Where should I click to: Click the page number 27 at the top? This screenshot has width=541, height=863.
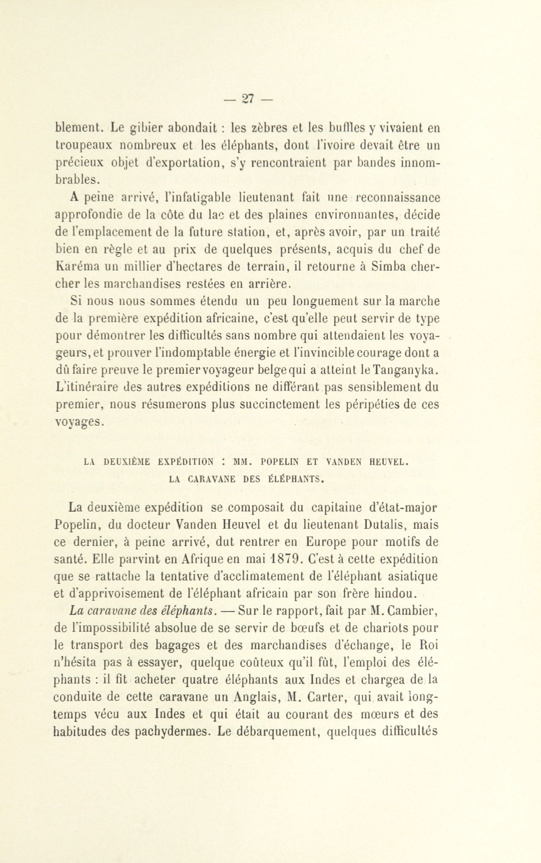pyautogui.click(x=248, y=98)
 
